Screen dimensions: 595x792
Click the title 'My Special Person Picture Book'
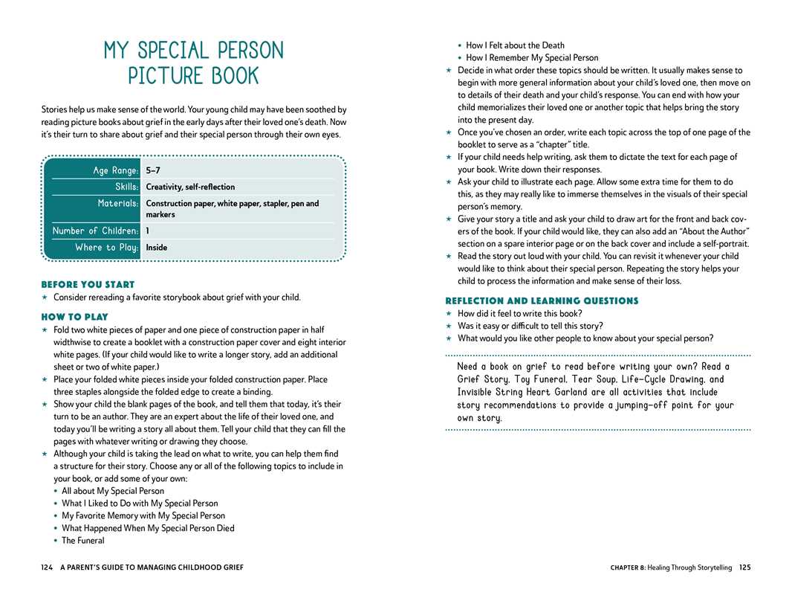tap(194, 63)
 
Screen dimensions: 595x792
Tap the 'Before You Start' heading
tap(88, 284)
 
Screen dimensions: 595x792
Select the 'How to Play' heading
tap(74, 316)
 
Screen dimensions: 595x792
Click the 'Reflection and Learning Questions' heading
tap(542, 300)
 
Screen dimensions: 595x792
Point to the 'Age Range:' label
tap(115, 170)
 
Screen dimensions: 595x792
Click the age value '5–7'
tap(153, 170)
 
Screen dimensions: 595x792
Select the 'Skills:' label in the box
tap(126, 187)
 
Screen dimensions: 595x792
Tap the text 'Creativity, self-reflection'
tap(190, 187)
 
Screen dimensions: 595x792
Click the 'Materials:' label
tap(117, 203)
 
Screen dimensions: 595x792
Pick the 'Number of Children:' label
tap(95, 231)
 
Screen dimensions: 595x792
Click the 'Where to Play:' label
tap(106, 247)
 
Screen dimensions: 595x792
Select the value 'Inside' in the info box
tap(157, 247)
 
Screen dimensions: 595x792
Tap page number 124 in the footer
tap(47, 567)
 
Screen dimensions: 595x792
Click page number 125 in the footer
tap(744, 567)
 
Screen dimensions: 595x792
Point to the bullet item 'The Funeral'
tap(83, 541)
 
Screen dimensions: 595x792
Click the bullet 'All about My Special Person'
tap(113, 491)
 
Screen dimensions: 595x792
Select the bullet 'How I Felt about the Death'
tap(515, 45)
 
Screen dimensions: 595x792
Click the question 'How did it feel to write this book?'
tap(519, 313)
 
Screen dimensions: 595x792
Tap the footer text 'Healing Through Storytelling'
tap(689, 567)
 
